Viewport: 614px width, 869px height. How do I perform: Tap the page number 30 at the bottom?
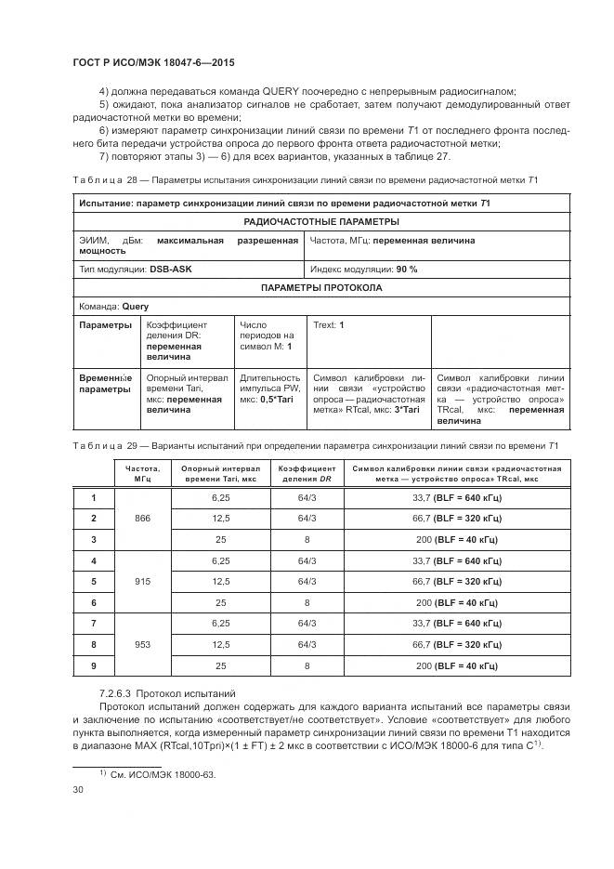point(79,789)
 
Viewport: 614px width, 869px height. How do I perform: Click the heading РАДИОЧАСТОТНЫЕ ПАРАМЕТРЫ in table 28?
point(320,221)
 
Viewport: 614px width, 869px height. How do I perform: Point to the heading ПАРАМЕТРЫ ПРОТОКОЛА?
point(320,288)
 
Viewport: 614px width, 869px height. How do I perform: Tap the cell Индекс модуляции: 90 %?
point(363,269)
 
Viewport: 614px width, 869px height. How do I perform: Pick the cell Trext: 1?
point(329,325)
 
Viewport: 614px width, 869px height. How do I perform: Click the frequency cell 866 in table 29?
point(142,518)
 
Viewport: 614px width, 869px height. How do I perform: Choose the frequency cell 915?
point(142,581)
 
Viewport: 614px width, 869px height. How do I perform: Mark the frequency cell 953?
point(142,644)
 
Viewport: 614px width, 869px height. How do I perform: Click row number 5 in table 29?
point(93,581)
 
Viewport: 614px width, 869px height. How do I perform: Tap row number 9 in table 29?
point(93,665)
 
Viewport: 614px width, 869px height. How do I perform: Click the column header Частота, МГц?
point(142,474)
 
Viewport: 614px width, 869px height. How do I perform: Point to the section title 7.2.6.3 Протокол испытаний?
point(167,693)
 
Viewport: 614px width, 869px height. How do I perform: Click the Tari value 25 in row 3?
point(220,539)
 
